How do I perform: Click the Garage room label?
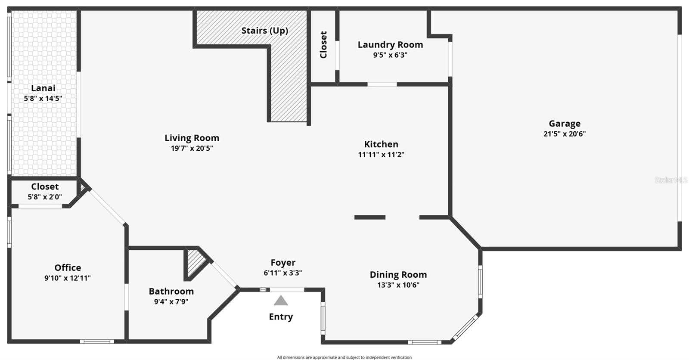564,124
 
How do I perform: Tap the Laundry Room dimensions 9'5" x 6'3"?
390,55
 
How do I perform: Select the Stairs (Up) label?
264,31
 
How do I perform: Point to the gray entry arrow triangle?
281,301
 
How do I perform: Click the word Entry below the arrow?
281,317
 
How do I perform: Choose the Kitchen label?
381,144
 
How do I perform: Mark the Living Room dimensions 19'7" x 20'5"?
192,149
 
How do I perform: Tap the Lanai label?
43,88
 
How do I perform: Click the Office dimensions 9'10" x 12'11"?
68,278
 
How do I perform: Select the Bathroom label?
171,292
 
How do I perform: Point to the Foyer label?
283,263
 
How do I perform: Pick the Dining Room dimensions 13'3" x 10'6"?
398,285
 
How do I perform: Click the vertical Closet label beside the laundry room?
323,45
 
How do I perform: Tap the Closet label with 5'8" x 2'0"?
45,187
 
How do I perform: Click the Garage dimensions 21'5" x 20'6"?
564,134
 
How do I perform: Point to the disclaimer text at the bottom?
344,357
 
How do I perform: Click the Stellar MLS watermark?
670,180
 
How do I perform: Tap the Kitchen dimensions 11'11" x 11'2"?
381,155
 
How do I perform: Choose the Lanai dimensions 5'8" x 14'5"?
43,99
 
